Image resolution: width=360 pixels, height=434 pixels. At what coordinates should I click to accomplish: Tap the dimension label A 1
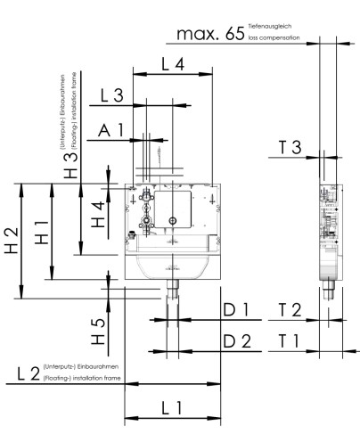pos(111,131)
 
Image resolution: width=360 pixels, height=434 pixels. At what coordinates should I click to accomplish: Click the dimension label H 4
pos(99,214)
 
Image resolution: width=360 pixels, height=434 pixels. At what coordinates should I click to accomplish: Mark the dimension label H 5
pos(99,332)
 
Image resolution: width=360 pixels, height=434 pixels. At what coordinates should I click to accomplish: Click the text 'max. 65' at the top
pos(210,35)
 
